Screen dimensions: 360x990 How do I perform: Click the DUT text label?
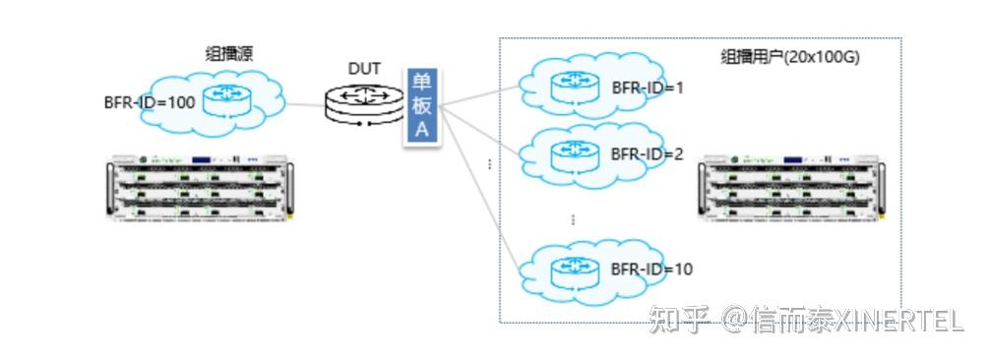(x=364, y=69)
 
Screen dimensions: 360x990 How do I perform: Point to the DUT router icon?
(x=363, y=103)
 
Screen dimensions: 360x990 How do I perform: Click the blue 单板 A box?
(x=420, y=107)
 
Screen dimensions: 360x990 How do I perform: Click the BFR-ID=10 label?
(x=651, y=268)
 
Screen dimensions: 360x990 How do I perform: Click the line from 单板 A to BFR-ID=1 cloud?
(x=482, y=95)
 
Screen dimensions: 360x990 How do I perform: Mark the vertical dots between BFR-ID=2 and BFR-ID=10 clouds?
(x=573, y=218)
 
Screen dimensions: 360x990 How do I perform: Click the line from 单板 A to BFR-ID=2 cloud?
(x=482, y=129)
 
